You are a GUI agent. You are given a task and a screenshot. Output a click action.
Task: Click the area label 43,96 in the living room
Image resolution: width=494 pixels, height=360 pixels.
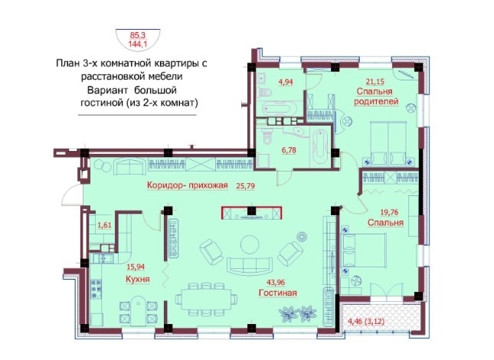click(276, 283)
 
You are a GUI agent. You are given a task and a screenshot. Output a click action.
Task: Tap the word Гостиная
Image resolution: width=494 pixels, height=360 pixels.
click(277, 293)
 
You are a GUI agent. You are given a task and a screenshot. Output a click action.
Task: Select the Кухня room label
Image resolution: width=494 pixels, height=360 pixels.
click(137, 279)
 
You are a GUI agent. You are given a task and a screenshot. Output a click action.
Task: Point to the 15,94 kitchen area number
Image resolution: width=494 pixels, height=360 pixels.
click(136, 267)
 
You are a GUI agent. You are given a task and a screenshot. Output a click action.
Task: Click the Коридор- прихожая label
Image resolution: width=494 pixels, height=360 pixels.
click(187, 185)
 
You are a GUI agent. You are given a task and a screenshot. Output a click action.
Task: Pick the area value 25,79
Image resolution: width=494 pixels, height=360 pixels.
click(245, 186)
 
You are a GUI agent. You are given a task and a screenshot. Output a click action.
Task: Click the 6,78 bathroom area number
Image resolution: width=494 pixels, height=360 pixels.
click(289, 150)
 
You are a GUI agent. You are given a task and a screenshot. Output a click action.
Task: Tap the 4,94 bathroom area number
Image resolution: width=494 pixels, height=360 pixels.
click(286, 82)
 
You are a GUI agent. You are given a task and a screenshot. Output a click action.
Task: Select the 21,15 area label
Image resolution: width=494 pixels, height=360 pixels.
click(375, 82)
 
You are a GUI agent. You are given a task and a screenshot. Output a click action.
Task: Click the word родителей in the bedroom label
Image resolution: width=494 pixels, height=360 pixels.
click(376, 101)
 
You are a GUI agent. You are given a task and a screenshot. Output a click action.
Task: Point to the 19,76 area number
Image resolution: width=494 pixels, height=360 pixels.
click(389, 212)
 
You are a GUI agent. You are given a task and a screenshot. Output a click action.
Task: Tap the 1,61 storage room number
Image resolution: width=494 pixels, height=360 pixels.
click(104, 225)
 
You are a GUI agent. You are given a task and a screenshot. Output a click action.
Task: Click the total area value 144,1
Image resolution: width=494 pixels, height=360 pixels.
click(138, 44)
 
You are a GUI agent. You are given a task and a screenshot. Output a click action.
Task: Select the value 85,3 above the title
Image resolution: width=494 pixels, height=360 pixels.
click(138, 35)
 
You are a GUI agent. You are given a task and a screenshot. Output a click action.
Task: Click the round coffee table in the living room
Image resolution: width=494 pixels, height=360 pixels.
click(250, 244)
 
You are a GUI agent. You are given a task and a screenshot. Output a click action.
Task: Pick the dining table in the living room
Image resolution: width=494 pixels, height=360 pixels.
click(206, 299)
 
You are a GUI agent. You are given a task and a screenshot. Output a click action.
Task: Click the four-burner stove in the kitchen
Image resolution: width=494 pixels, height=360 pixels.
click(96, 289)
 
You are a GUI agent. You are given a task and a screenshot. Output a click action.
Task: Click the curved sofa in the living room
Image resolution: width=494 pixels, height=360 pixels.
click(250, 266)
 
